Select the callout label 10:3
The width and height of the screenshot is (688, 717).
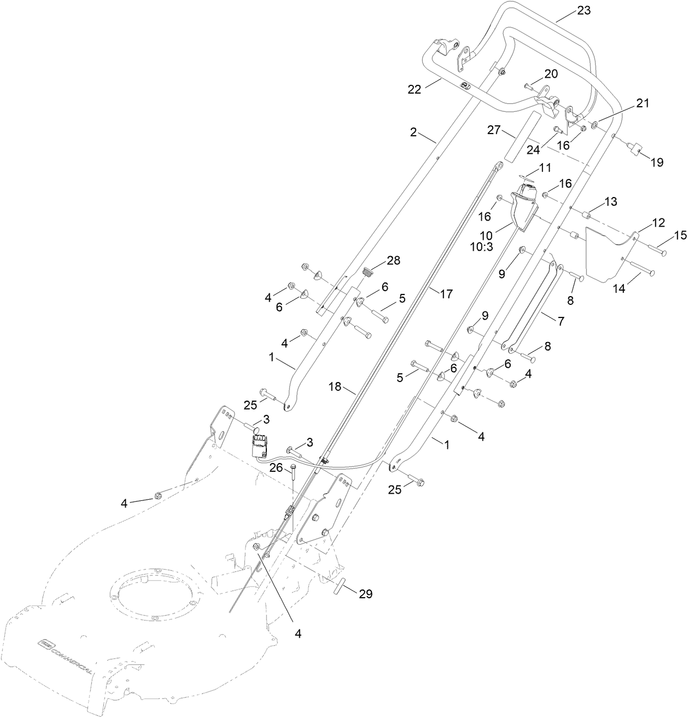(482, 246)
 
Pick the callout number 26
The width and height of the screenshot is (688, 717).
(276, 467)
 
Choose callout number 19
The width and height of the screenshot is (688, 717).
(656, 162)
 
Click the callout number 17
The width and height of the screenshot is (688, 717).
(446, 293)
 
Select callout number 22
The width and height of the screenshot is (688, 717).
(415, 90)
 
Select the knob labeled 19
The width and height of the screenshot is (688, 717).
(635, 150)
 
